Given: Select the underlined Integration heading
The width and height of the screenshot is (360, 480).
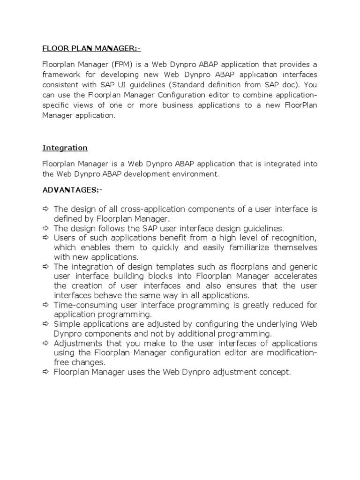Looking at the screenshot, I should click(65, 148).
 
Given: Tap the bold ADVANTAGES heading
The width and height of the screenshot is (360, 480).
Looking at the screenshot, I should click(72, 190).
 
